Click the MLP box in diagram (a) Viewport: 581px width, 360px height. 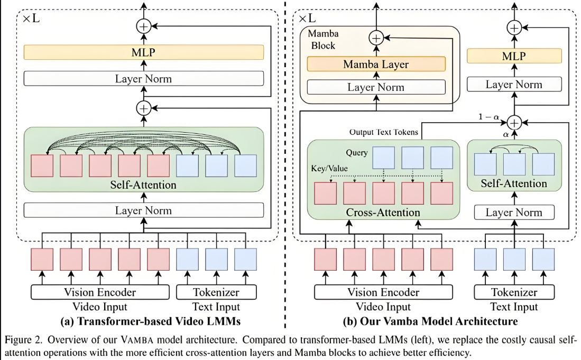point(143,52)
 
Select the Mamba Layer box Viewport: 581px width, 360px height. point(376,64)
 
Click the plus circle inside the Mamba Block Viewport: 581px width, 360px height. point(376,38)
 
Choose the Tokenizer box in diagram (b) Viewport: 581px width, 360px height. point(514,292)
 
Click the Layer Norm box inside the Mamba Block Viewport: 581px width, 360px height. point(376,87)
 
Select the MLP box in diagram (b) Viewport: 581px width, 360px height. point(514,56)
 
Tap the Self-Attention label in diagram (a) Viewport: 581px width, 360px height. point(143,185)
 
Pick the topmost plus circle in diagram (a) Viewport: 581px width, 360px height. point(143,25)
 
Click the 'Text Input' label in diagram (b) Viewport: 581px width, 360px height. point(514,307)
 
